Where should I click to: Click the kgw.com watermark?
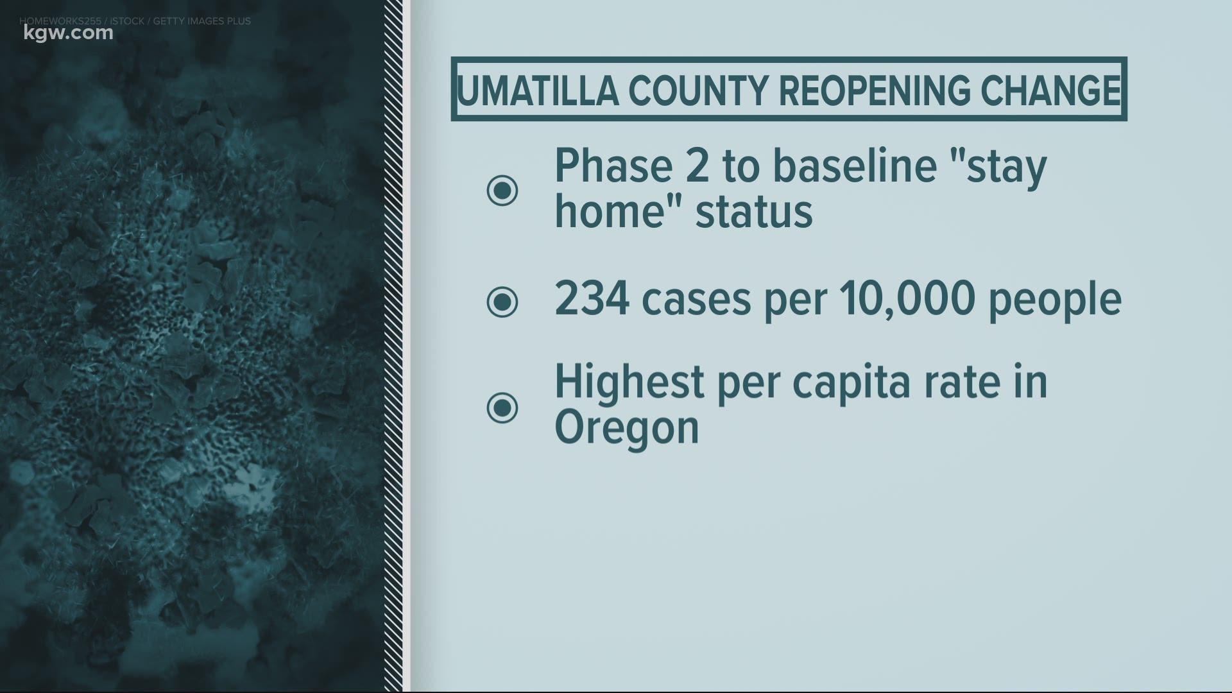[x=66, y=33]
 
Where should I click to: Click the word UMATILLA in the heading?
[x=537, y=90]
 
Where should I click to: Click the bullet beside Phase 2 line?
[x=502, y=190]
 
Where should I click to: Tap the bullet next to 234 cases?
[x=502, y=301]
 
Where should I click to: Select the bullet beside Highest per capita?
[x=502, y=407]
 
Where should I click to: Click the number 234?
[x=592, y=298]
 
